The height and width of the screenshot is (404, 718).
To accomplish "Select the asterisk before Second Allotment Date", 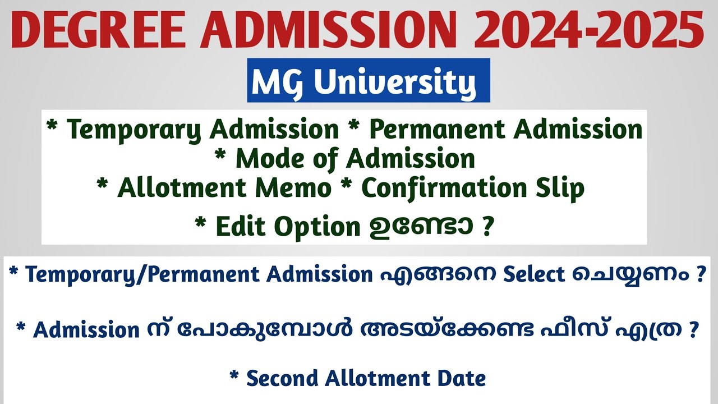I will [234, 377].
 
